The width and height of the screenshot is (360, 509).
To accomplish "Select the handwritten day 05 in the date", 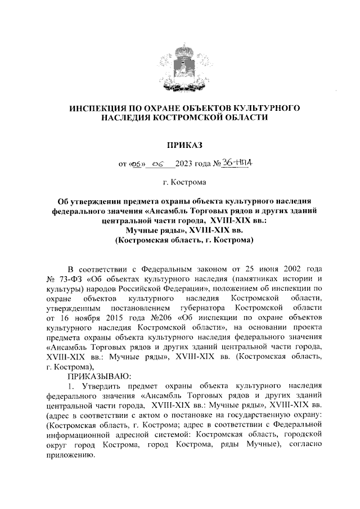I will click(137, 164).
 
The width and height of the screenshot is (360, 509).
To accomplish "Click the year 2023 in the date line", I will click(184, 164).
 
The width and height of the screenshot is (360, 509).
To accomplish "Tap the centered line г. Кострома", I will click(180, 182).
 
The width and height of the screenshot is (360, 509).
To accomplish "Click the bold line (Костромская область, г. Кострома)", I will click(180, 241).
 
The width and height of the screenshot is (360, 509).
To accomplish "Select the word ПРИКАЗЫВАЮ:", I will click(99, 375).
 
